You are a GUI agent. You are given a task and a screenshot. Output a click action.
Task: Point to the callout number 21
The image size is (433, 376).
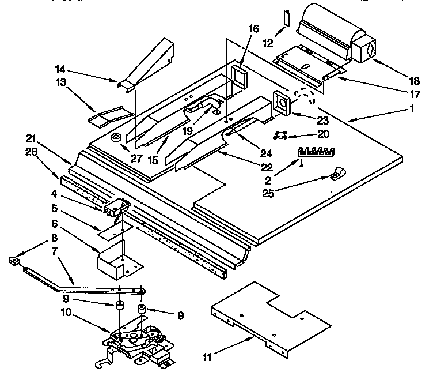(x=32, y=138)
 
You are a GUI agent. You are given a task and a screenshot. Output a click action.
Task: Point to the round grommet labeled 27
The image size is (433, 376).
(x=116, y=138)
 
